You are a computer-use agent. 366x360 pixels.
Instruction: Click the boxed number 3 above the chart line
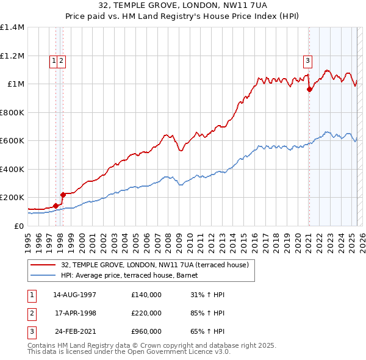pyautogui.click(x=308, y=60)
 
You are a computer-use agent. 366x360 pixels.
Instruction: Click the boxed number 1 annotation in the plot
pyautogui.click(x=54, y=60)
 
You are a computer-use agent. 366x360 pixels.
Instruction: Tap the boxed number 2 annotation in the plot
pyautogui.click(x=62, y=60)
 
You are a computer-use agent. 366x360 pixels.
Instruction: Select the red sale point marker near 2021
pyautogui.click(x=309, y=89)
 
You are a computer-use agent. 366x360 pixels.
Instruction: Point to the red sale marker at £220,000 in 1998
pyautogui.click(x=63, y=195)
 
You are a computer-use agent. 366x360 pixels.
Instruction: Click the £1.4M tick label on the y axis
pyautogui.click(x=12, y=27)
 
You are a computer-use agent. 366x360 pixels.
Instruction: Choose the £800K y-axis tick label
pyautogui.click(x=12, y=112)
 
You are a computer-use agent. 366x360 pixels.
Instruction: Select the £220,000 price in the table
pyautogui.click(x=146, y=313)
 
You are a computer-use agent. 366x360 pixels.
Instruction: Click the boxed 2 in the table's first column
pyautogui.click(x=31, y=313)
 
